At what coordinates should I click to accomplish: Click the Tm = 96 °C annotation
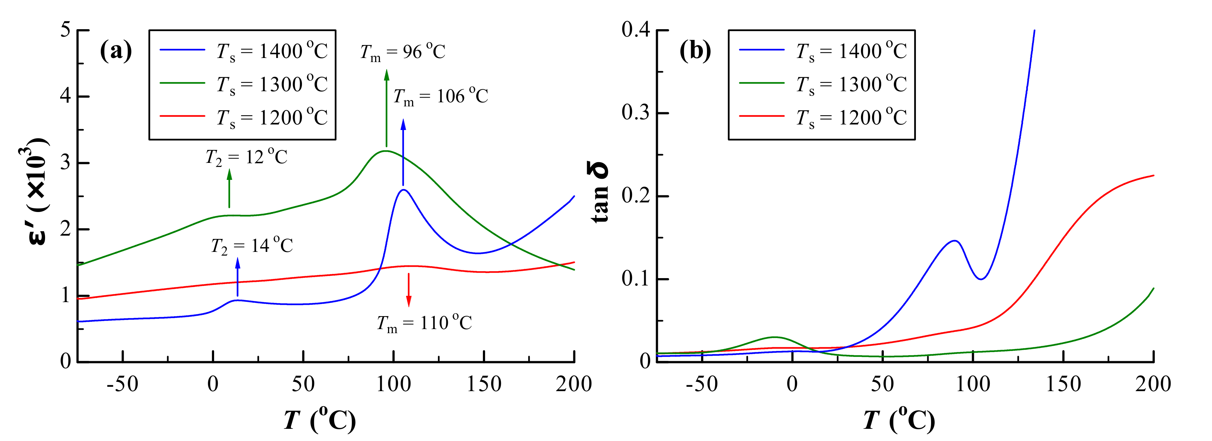tap(403, 52)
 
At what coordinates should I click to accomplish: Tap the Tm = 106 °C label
tap(441, 96)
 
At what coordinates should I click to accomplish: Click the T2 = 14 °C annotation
tap(252, 246)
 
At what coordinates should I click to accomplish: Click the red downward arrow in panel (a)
tap(408, 290)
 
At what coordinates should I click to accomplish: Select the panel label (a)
tap(116, 50)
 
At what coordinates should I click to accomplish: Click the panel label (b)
tap(695, 50)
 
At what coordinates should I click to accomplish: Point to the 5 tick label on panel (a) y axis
tap(65, 30)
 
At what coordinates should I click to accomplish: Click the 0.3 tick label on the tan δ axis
tap(636, 113)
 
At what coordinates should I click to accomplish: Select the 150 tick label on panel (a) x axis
tap(484, 384)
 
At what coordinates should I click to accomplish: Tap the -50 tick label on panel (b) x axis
tap(701, 384)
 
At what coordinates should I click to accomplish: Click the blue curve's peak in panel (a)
tap(403, 190)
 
